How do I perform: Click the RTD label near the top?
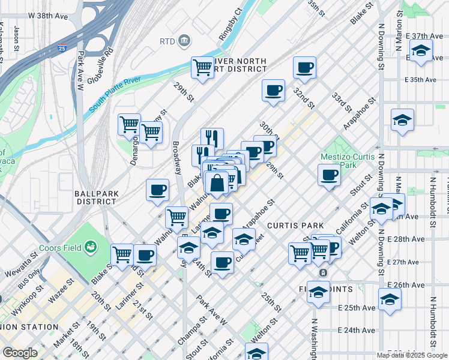[166, 41]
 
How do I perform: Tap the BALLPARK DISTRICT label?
[95, 197]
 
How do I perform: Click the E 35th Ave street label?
[420, 79]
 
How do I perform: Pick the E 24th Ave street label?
[357, 330]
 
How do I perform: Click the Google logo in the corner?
[20, 353]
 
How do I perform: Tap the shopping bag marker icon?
[217, 182]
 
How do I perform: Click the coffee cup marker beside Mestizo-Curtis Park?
[329, 175]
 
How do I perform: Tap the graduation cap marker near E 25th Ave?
[390, 299]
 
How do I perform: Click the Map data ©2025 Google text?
[411, 355]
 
